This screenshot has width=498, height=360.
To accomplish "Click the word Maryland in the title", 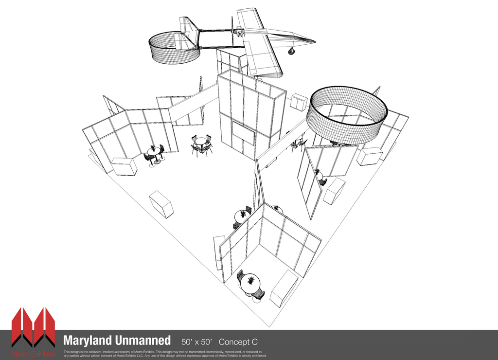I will click(87, 340).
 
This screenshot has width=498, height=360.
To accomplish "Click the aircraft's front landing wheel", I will click(291, 51).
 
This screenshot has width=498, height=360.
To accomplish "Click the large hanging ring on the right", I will click(346, 114).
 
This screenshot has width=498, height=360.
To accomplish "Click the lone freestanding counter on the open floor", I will click(161, 204).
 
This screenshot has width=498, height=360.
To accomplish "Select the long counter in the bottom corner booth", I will click(284, 288).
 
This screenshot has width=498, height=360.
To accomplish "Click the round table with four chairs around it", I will click(201, 144).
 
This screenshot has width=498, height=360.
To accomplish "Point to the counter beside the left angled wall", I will click(124, 166).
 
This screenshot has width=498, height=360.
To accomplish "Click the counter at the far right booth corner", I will click(370, 156).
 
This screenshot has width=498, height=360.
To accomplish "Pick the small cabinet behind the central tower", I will click(299, 102).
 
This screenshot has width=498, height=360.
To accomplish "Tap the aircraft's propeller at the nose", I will click(232, 30).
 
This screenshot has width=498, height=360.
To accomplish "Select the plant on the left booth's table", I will click(153, 147).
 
